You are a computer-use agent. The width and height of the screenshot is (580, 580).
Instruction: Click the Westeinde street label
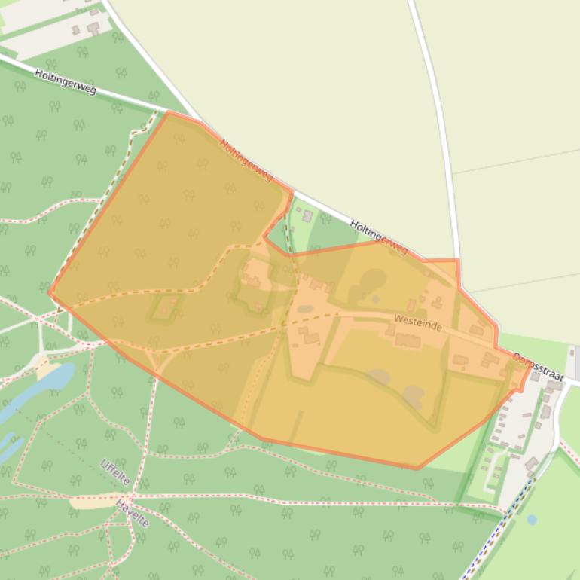[x=417, y=323]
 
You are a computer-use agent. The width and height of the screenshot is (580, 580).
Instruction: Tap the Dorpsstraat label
[x=538, y=366]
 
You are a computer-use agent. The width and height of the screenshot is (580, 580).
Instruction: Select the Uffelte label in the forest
[x=114, y=472]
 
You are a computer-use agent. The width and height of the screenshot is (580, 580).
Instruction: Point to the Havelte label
[x=133, y=513]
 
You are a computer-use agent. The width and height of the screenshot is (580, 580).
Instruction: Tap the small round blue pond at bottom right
[x=532, y=520]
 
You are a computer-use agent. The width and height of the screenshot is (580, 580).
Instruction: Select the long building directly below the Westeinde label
[x=408, y=341]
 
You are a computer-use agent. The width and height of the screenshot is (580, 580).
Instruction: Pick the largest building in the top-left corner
[x=93, y=28]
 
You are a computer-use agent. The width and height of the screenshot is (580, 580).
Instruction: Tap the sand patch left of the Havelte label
[x=94, y=501]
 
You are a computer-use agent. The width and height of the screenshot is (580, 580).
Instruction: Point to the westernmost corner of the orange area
[x=50, y=293]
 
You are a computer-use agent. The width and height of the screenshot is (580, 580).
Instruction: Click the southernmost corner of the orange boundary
[x=417, y=469]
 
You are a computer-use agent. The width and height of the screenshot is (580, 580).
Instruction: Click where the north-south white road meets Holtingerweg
[x=459, y=283]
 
